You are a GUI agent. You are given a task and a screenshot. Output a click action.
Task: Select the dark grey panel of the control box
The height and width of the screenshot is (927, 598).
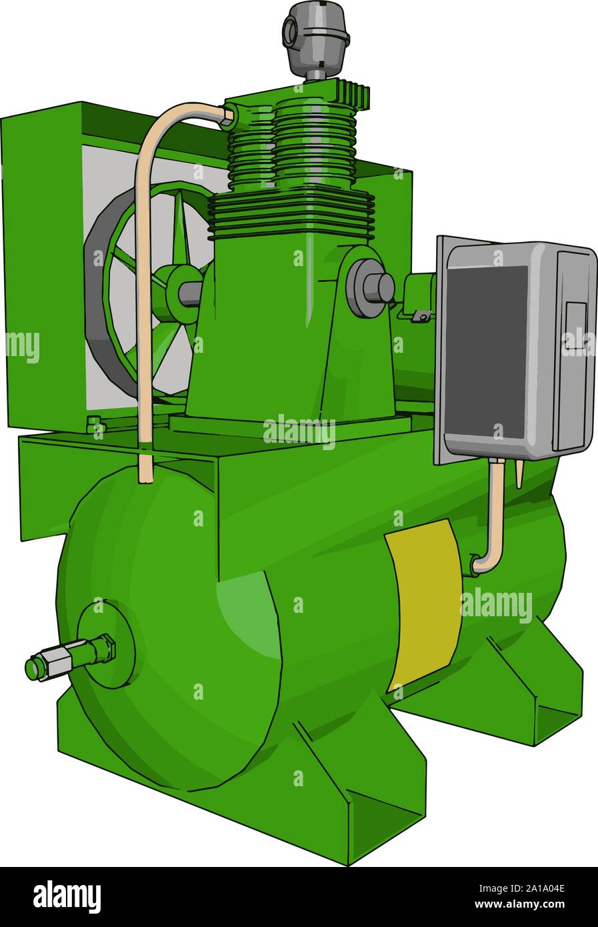click(x=486, y=351)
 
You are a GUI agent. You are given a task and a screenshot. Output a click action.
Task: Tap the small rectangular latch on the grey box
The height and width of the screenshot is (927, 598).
click(x=575, y=327)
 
